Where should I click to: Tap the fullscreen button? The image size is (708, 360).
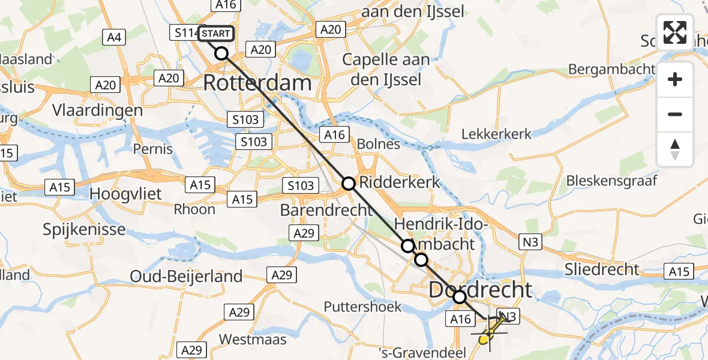pyautogui.click(x=675, y=32)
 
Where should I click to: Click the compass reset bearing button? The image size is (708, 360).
pyautogui.click(x=675, y=149)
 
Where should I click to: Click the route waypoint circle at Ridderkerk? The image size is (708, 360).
pyautogui.click(x=349, y=183)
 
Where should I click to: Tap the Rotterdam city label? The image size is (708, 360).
pyautogui.click(x=257, y=83)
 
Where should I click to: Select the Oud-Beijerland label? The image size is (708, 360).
pyautogui.click(x=186, y=276)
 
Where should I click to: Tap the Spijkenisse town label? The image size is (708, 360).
pyautogui.click(x=85, y=229)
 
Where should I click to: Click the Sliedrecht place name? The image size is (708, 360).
pyautogui.click(x=602, y=269)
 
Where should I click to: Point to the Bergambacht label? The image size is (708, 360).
pyautogui.click(x=611, y=69)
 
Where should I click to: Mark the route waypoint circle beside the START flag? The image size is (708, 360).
pyautogui.click(x=222, y=53)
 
